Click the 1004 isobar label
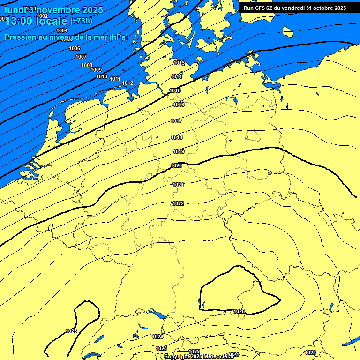tap(62, 30)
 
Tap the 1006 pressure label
tap(75, 48)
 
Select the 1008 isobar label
tap(87, 65)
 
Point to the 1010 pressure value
tap(102, 76)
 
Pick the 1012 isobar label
tap(127, 83)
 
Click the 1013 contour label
tap(179, 63)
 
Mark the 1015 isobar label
tap(175, 90)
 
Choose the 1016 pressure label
tap(179, 105)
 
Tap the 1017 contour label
tap(176, 121)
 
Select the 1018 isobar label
tap(177, 137)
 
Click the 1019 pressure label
tap(179, 151)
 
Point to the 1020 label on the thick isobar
tap(176, 165)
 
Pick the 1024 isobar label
tap(157, 337)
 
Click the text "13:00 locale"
tap(36, 21)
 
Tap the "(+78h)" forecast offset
tap(81, 21)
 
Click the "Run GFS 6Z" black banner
tap(294, 7)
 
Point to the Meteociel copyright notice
tap(199, 356)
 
